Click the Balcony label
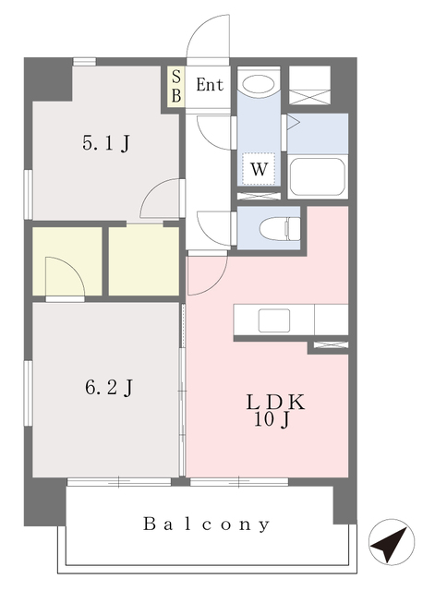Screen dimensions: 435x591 206,525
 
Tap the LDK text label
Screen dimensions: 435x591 275,403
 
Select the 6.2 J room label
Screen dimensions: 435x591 109,388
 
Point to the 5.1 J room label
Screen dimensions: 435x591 107,143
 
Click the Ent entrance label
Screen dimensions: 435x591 210,85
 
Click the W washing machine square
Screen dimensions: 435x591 259,169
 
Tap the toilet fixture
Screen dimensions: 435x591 280,228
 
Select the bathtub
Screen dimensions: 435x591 318,176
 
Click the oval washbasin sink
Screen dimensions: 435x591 259,84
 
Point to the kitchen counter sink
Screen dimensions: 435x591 274,320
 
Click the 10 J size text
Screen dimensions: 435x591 272,420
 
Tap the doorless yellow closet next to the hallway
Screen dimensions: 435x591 144,260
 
